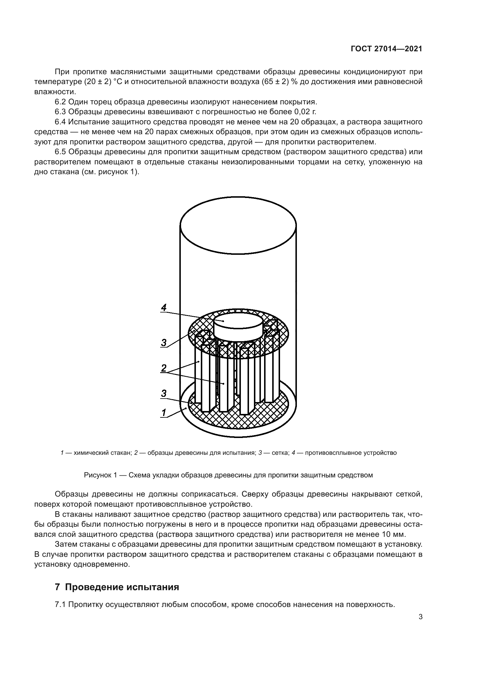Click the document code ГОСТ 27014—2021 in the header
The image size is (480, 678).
tap(386, 49)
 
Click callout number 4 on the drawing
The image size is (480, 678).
tap(164, 307)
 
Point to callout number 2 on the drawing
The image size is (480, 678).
tap(164, 368)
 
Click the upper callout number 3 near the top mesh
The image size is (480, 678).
tap(164, 343)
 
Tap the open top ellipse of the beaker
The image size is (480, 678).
tap(238, 225)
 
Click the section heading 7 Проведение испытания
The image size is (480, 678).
tap(117, 587)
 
